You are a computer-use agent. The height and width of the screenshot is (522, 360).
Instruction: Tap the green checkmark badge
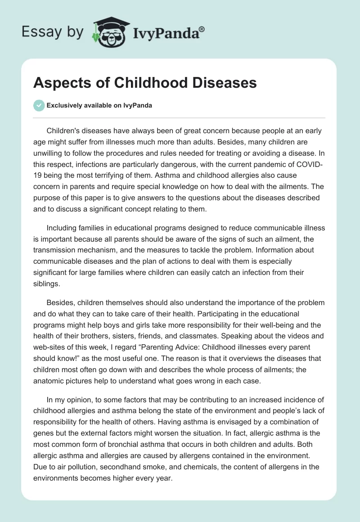39,105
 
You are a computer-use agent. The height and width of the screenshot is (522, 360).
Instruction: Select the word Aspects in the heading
59,83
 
